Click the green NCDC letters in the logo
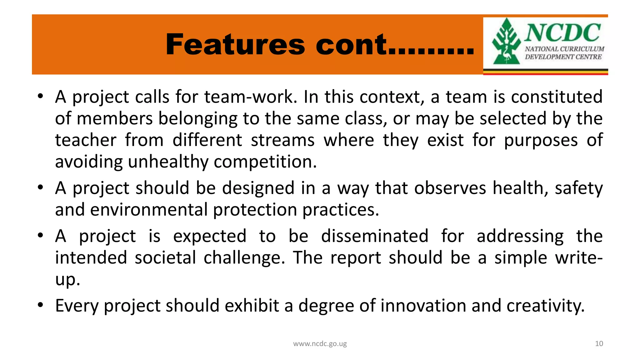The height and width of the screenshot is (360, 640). coord(562,33)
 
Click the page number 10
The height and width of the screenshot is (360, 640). coord(599,344)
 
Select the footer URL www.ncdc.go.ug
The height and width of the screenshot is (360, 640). coord(320,344)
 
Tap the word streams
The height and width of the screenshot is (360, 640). coord(282,140)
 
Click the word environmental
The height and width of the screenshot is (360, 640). coord(149,210)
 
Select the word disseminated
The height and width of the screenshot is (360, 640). coord(374,236)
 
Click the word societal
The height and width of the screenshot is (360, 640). coord(165,258)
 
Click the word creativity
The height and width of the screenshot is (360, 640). coord(545,306)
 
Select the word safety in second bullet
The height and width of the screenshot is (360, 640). coord(578,188)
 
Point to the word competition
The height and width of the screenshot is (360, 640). coord(265,162)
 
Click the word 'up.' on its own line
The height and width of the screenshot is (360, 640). coord(67,280)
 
